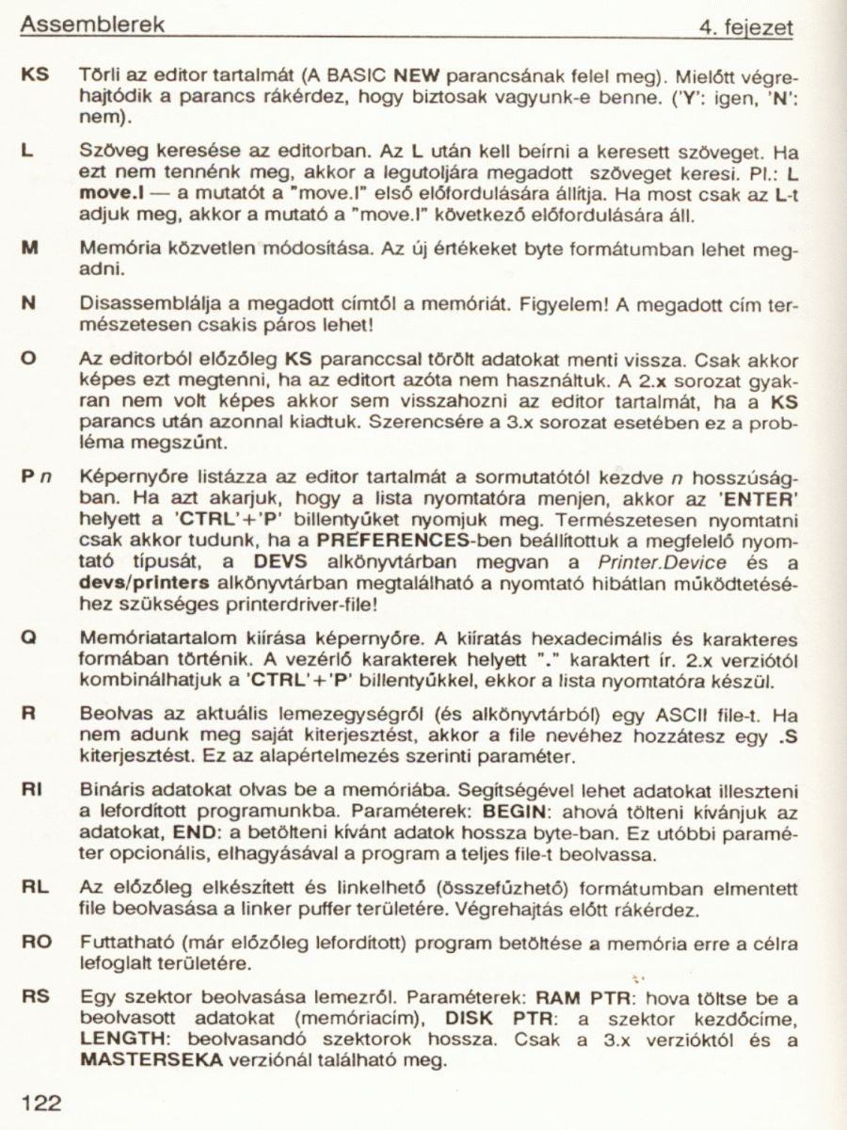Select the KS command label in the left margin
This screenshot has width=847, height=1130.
pos(37,73)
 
